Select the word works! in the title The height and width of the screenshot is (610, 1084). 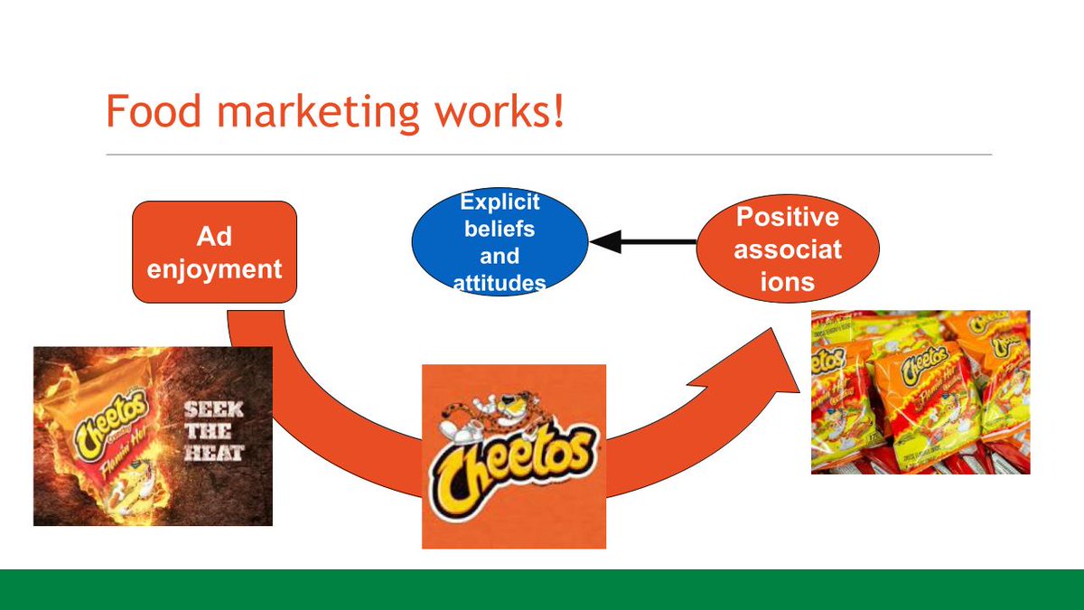tap(496, 111)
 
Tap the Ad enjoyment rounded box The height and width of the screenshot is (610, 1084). tap(214, 252)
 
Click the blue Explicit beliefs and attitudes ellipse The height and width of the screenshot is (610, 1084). tap(500, 242)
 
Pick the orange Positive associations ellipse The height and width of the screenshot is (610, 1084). tap(787, 248)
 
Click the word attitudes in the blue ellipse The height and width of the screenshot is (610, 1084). tap(500, 283)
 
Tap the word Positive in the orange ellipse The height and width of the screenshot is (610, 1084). tap(787, 218)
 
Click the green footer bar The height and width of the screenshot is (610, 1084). tap(542, 589)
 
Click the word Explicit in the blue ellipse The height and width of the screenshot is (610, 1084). tap(500, 202)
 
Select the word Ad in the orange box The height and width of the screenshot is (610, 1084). tap(214, 237)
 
